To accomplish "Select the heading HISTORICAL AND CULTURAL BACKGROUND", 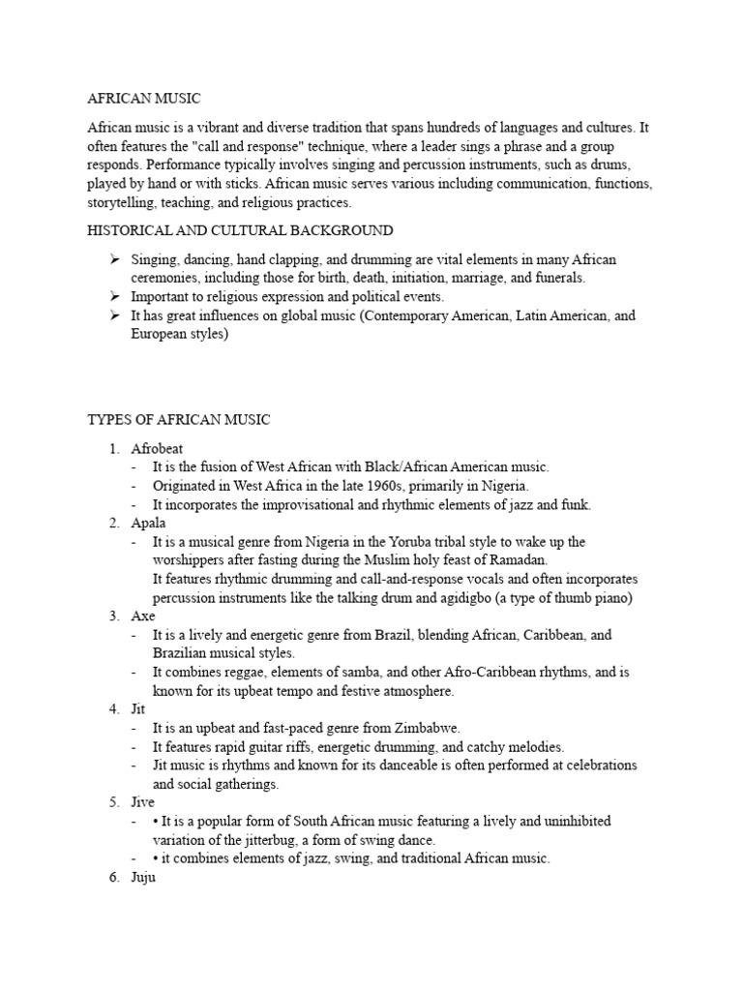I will coord(241,230).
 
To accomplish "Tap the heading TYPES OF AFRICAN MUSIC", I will coord(179,419).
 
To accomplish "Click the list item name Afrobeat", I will coord(157,448).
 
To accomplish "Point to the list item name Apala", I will coord(149,523).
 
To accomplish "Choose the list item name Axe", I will coord(143,616).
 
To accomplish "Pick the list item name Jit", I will coord(140,708).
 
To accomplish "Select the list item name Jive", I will coord(143,802).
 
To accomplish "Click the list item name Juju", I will coord(143,877).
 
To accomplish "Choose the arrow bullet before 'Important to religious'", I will coord(113,297).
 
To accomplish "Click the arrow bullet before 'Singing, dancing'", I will coord(113,260).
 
